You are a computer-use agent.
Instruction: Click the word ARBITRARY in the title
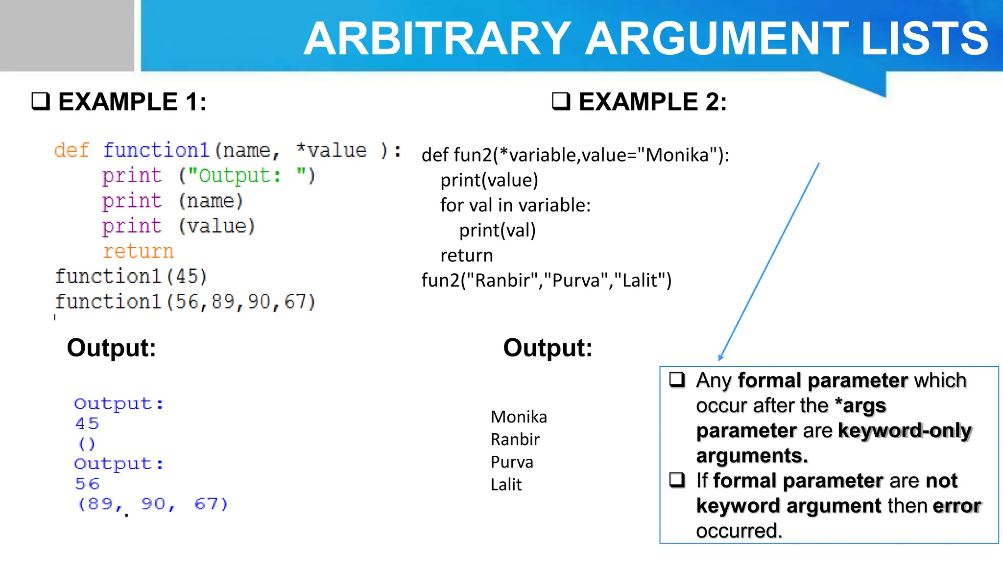click(437, 39)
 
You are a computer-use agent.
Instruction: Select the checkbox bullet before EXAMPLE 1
click(41, 101)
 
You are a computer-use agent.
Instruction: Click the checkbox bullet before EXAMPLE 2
click(561, 101)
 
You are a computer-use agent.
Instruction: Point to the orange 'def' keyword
click(72, 150)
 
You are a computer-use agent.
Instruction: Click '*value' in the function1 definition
click(332, 150)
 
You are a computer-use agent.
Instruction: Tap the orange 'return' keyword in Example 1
click(138, 252)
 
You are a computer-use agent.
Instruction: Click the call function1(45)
click(131, 277)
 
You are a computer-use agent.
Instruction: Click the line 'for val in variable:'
click(515, 205)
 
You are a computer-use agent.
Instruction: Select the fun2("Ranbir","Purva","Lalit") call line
click(547, 281)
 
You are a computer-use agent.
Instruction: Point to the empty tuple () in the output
click(87, 444)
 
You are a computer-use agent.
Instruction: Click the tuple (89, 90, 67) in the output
click(153, 504)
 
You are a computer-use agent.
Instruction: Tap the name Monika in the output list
click(519, 417)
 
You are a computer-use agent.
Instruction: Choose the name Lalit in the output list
click(506, 485)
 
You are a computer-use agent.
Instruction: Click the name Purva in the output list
click(512, 462)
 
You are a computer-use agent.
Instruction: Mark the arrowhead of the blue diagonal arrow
click(720, 358)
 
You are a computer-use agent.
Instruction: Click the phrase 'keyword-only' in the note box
click(905, 431)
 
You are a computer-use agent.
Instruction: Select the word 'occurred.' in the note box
click(739, 531)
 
